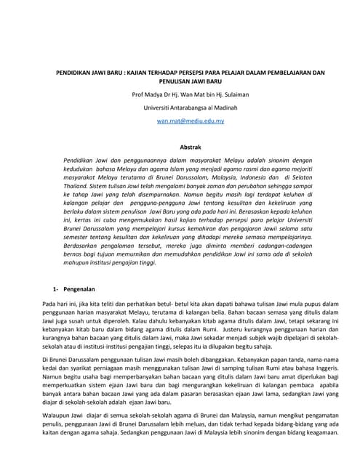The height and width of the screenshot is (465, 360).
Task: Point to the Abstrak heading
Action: tap(180, 147)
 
